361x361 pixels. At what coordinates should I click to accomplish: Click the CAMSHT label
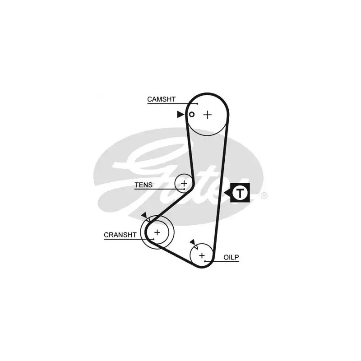pos(161,99)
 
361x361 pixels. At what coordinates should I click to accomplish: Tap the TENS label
pos(143,185)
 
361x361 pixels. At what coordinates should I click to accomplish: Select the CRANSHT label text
pos(120,235)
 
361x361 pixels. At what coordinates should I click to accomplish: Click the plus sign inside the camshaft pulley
pos(207,115)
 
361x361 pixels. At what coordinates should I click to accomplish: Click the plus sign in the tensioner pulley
pos(184,183)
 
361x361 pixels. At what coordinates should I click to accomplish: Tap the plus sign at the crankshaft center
pos(157,232)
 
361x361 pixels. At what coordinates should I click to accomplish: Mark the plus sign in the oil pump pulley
pos(202,255)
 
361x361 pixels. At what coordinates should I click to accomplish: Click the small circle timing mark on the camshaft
pos(191,115)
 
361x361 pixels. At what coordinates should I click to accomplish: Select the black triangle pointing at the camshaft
pos(180,115)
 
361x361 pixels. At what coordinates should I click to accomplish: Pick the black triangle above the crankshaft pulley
pos(144,215)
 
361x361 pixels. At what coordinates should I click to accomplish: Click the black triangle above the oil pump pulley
pos(192,242)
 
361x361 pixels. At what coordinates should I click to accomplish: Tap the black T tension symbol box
pos(241,193)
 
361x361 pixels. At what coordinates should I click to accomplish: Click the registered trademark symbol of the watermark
pos(264,195)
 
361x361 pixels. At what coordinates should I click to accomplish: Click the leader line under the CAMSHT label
pos(171,104)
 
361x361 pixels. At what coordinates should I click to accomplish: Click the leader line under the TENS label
pos(158,189)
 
